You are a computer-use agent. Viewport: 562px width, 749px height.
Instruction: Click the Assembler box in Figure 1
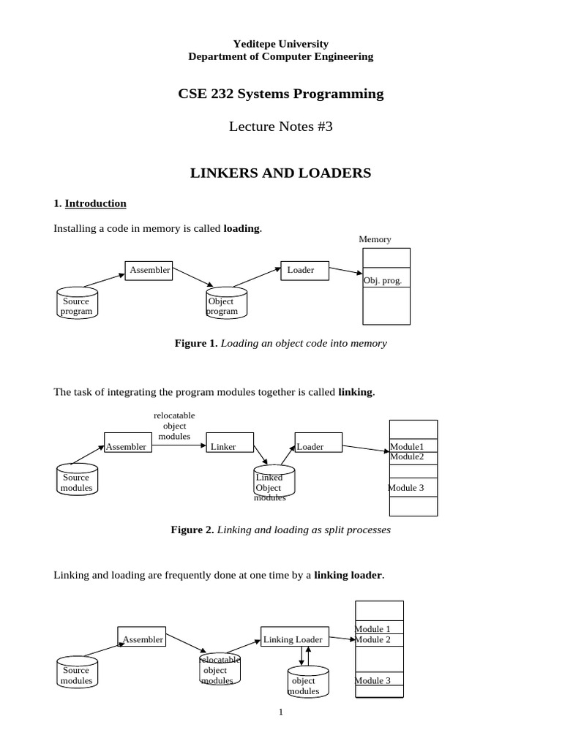pyautogui.click(x=149, y=271)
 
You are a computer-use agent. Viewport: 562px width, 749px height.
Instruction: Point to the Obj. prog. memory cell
pyautogui.click(x=386, y=280)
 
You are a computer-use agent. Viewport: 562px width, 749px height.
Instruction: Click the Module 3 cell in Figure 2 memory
pyautogui.click(x=413, y=488)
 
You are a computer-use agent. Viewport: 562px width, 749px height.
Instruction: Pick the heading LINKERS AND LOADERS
pyautogui.click(x=281, y=173)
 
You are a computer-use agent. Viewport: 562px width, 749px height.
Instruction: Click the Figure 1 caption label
pyautogui.click(x=195, y=343)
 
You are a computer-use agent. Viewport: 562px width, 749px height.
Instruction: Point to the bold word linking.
pyautogui.click(x=356, y=392)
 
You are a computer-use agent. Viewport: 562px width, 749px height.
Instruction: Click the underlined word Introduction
pyautogui.click(x=95, y=203)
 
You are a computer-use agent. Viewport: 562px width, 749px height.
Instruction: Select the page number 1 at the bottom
pyautogui.click(x=280, y=712)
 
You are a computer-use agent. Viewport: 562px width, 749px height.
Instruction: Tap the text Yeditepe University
pyautogui.click(x=280, y=44)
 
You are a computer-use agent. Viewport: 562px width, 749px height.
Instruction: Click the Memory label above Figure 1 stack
pyautogui.click(x=375, y=239)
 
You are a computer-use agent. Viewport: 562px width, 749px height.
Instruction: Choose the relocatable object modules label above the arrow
pyautogui.click(x=174, y=426)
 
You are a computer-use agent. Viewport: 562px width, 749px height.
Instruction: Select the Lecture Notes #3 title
pyautogui.click(x=281, y=127)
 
